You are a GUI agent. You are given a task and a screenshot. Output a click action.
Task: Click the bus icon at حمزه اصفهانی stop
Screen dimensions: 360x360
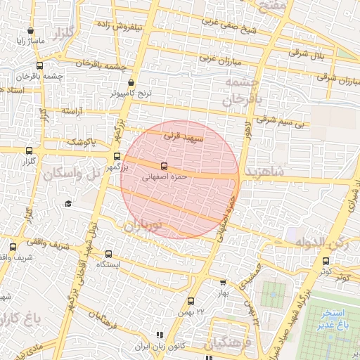(164, 167)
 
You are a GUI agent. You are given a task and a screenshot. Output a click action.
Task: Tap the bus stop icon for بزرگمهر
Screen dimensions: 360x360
(117, 157)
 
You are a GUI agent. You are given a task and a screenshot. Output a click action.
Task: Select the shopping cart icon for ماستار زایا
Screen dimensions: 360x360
(30, 31)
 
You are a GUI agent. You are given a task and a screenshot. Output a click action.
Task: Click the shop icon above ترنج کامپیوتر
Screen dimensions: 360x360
(131, 83)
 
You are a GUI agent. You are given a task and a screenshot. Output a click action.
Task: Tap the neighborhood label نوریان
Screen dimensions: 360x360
(143, 226)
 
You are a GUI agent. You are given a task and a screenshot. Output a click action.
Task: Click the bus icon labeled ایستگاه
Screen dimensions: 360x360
(108, 254)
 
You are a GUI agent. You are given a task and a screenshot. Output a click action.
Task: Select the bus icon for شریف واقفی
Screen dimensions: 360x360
(13, 247)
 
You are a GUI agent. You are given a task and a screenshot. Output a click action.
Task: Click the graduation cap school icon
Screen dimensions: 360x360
(68, 203)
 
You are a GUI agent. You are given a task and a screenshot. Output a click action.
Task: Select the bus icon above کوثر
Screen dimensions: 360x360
(325, 261)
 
